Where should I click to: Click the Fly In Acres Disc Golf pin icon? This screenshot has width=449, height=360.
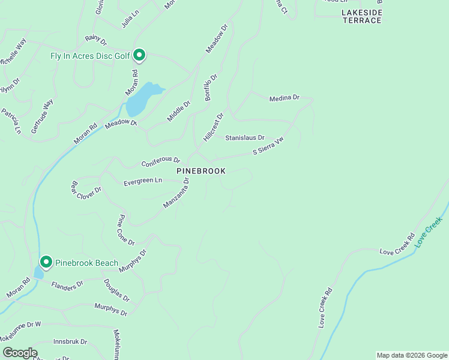coord(139,56)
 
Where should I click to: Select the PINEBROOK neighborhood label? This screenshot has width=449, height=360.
coord(201,171)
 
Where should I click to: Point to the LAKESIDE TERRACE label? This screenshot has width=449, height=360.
coord(362,16)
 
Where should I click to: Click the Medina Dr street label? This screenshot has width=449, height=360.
coord(284,98)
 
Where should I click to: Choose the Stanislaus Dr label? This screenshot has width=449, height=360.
coord(245,138)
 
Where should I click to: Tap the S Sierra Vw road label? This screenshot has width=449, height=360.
coord(268,148)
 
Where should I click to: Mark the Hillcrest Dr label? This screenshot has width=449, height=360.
coord(213,127)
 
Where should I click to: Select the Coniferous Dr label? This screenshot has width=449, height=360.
coord(160,162)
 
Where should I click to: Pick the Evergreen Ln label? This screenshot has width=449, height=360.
coord(143,181)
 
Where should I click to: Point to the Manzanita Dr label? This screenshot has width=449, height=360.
coord(176,193)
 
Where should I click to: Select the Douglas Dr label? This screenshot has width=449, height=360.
coord(116,290)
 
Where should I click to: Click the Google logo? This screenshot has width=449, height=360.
coord(20,353)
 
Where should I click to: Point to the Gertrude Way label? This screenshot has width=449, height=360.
coord(42,116)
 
